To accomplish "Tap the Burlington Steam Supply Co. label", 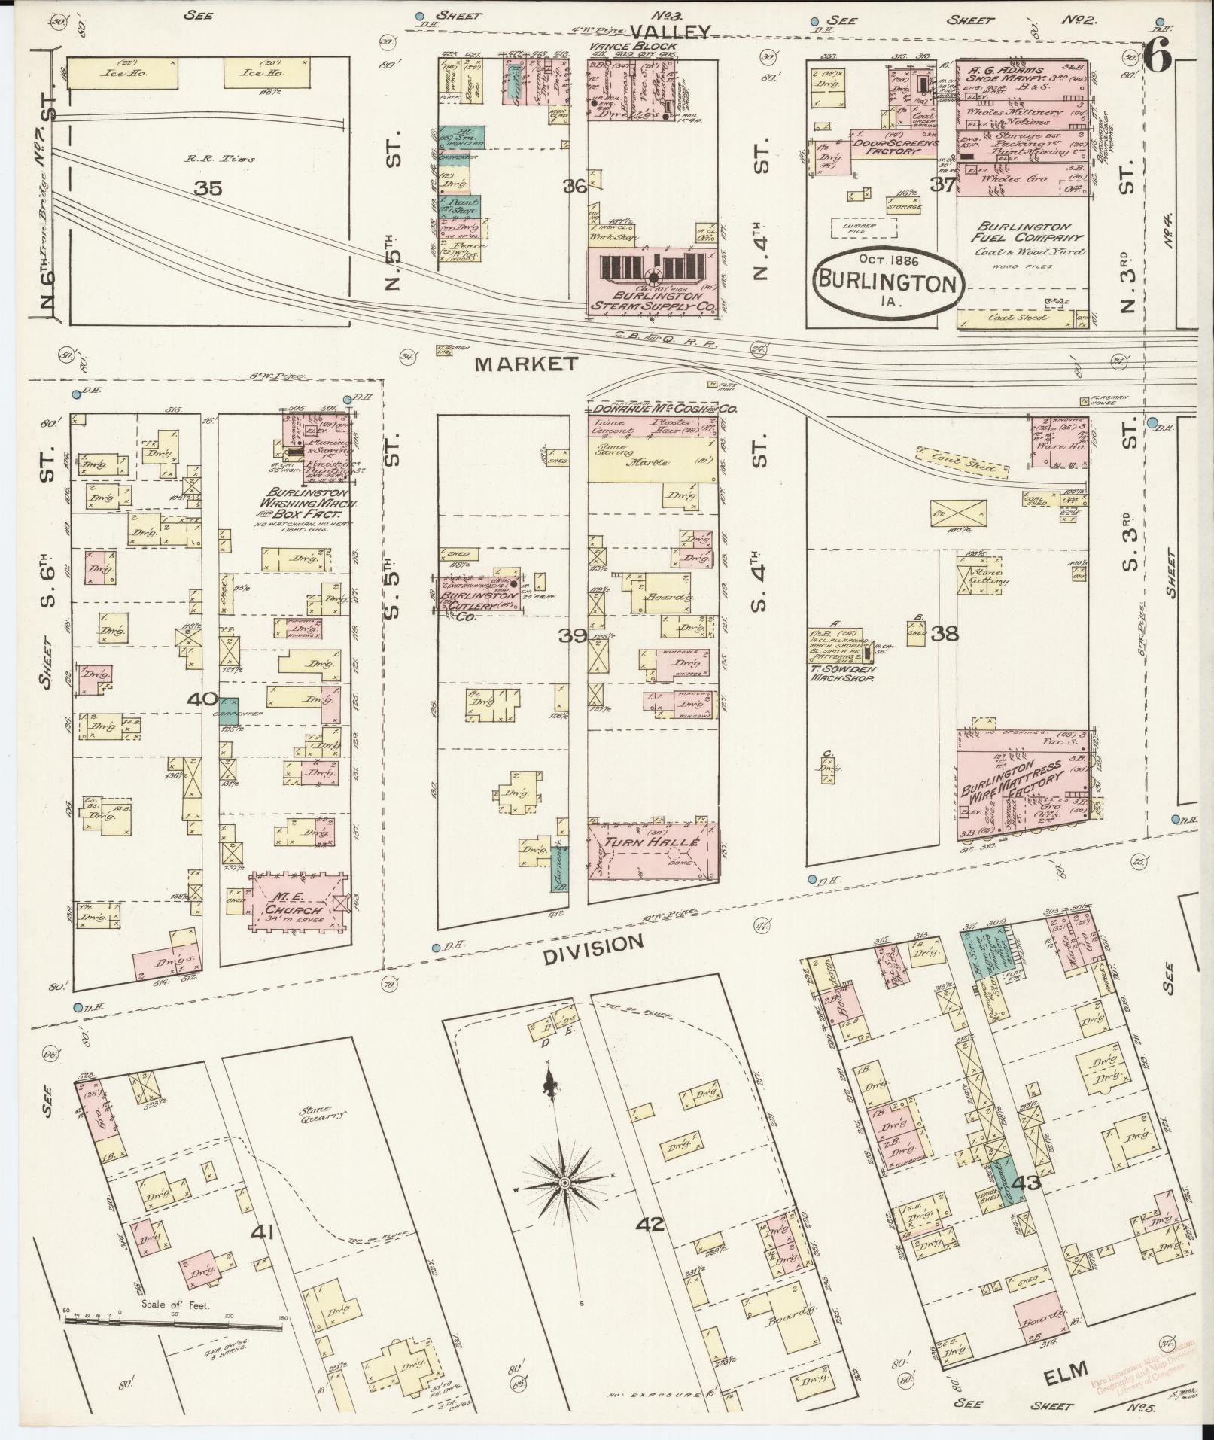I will tap(652, 300).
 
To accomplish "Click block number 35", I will tap(208, 187).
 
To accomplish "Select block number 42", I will tap(650, 1225).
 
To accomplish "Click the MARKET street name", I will tap(526, 364).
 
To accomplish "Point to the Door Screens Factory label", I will tap(895, 146).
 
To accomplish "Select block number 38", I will tap(945, 633).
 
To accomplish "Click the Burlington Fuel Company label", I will tap(1023, 231).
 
